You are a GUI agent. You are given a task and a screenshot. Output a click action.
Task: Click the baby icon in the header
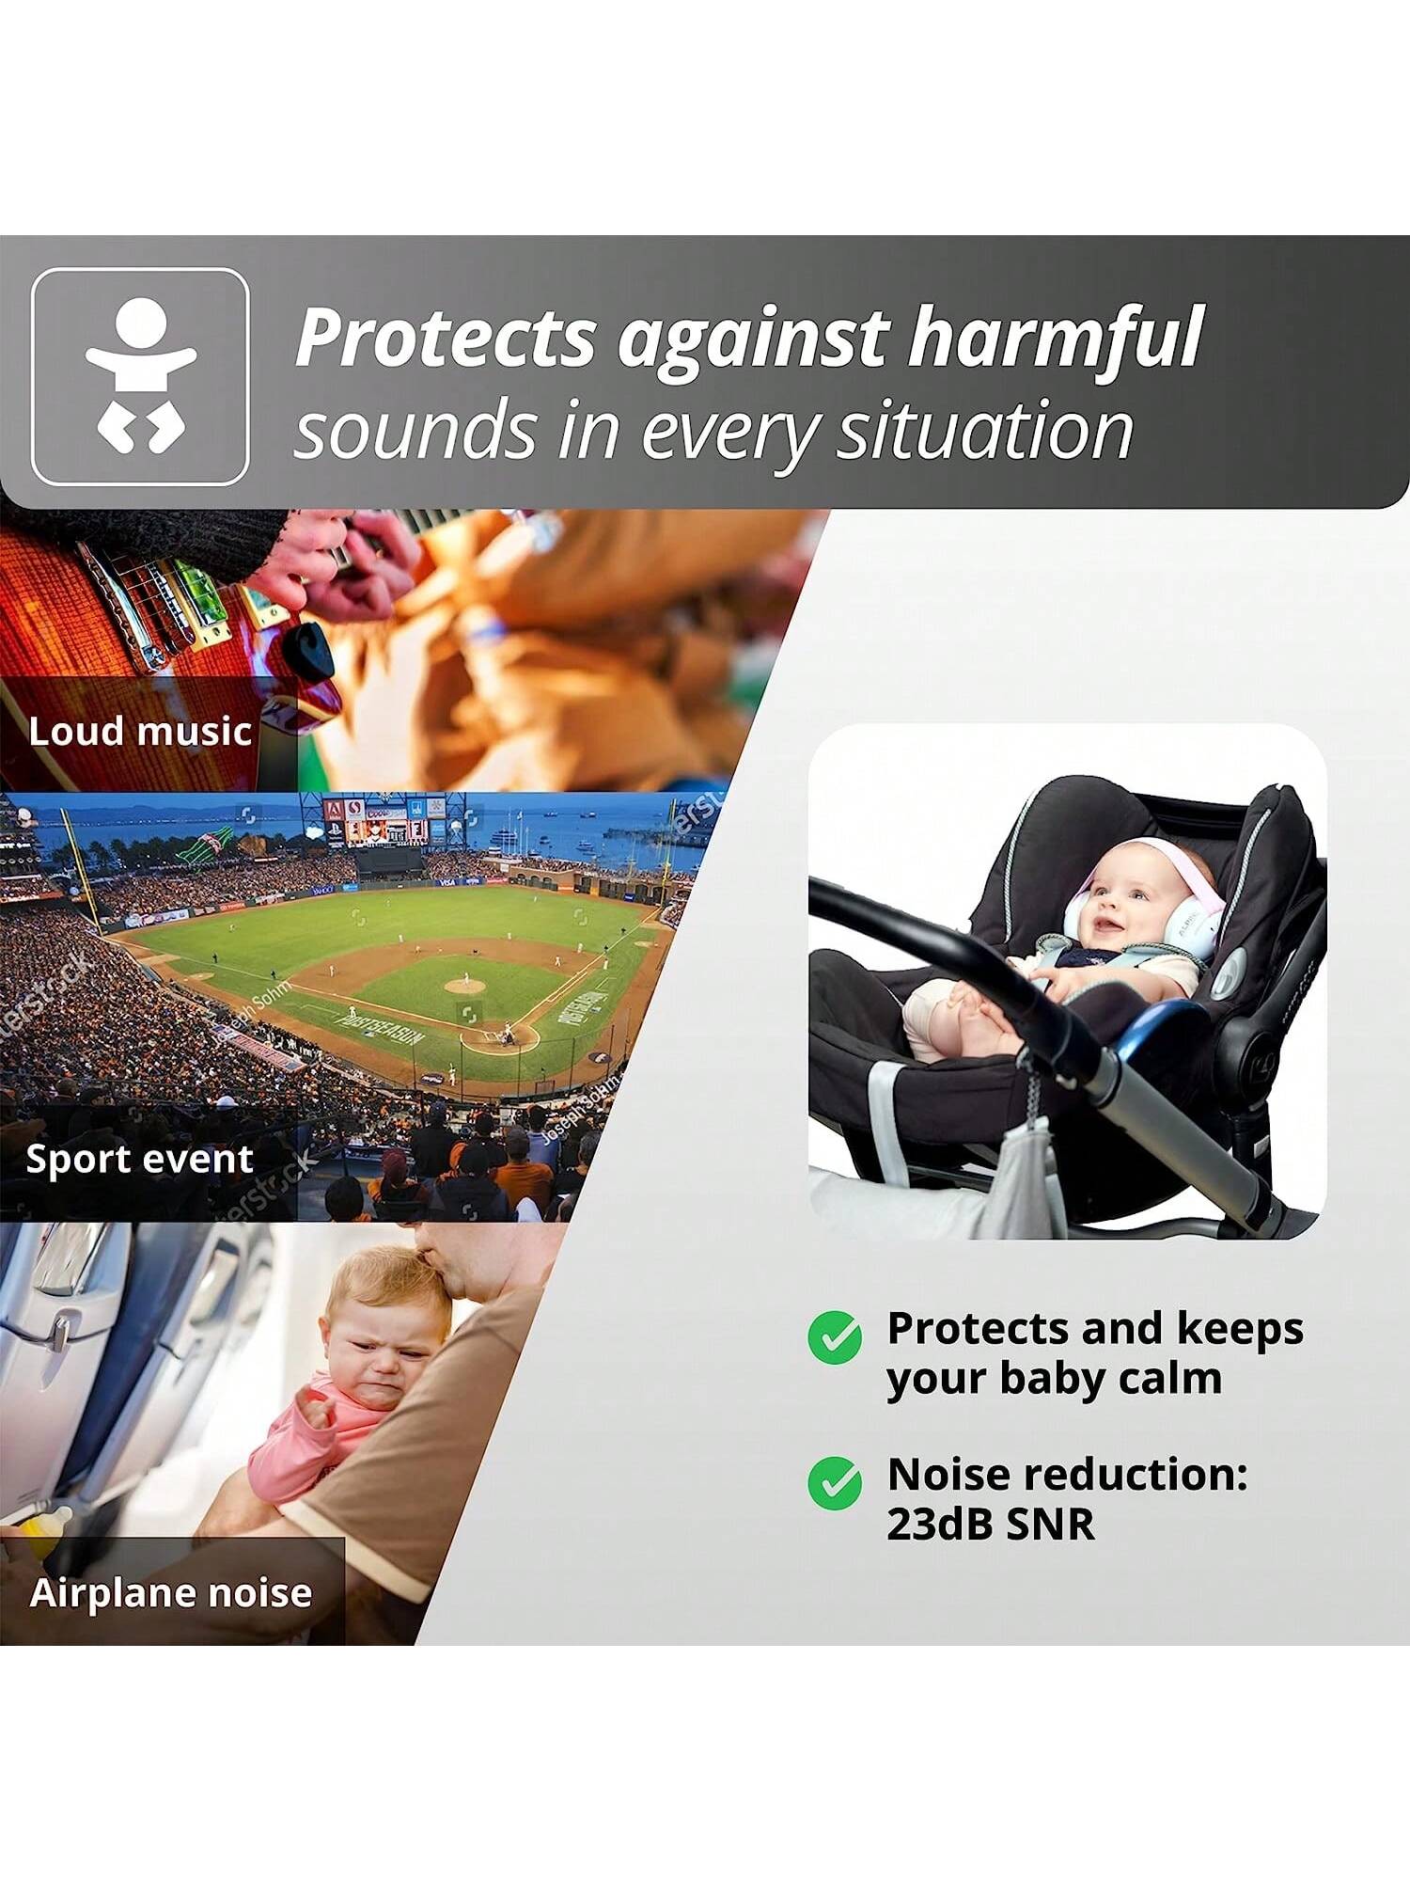tap(140, 376)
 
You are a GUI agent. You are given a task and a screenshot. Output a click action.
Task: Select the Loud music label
tap(140, 731)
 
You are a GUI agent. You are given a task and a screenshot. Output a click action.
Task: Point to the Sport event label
tap(139, 1158)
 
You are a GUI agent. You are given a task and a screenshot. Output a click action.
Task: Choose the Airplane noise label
tap(170, 1592)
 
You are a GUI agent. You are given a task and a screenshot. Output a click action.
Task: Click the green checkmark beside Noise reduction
tap(835, 1482)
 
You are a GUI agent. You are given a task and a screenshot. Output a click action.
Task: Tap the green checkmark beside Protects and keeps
tap(835, 1337)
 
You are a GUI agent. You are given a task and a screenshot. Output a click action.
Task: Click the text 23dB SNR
tap(991, 1525)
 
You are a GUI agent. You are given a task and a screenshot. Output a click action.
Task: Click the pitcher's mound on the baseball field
tap(464, 986)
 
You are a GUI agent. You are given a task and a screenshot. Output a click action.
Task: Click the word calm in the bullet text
tap(1177, 1379)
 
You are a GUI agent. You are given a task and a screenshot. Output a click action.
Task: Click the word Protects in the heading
tap(446, 337)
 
